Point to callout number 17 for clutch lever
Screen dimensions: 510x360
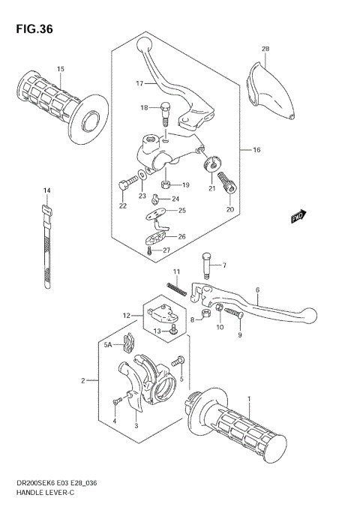tap(140, 83)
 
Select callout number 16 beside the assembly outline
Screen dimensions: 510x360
tap(256, 150)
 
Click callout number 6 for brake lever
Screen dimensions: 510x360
tap(256, 289)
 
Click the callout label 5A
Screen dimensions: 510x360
tap(107, 345)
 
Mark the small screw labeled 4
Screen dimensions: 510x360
tap(115, 403)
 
